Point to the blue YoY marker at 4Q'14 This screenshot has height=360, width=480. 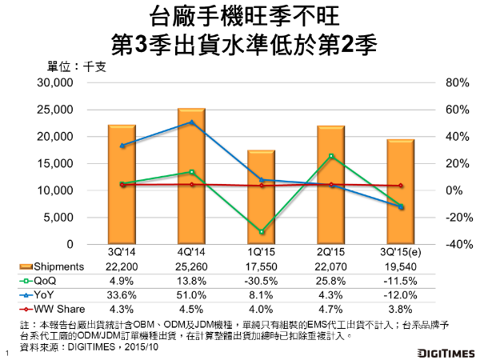[x=191, y=122]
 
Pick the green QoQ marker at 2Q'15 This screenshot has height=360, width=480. [x=330, y=156]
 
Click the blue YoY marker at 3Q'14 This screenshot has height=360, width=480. [x=122, y=146]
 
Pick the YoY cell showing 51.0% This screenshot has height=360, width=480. [x=190, y=294]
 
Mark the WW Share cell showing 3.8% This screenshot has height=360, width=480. [x=400, y=308]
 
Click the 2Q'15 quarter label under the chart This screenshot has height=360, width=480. [x=330, y=253]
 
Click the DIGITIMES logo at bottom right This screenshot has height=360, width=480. [x=446, y=351]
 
